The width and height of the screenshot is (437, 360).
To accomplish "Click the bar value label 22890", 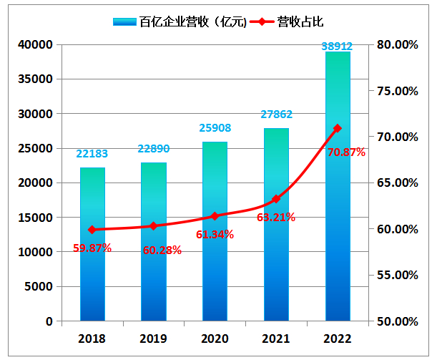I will click(153, 150).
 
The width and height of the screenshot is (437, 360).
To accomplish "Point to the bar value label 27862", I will click(276, 115).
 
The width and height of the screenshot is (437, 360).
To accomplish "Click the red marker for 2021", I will click(276, 199).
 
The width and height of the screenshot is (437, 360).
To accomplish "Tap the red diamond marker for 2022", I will click(338, 128).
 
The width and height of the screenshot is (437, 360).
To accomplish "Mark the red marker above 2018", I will click(92, 230).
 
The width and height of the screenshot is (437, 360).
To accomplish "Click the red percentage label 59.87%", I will click(92, 248).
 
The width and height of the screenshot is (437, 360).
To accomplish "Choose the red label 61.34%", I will click(215, 234).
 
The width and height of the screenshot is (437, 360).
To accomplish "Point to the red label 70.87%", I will click(346, 152).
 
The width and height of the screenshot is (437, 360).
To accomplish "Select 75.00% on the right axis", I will click(396, 91).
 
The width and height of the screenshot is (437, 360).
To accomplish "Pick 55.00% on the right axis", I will click(396, 276).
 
